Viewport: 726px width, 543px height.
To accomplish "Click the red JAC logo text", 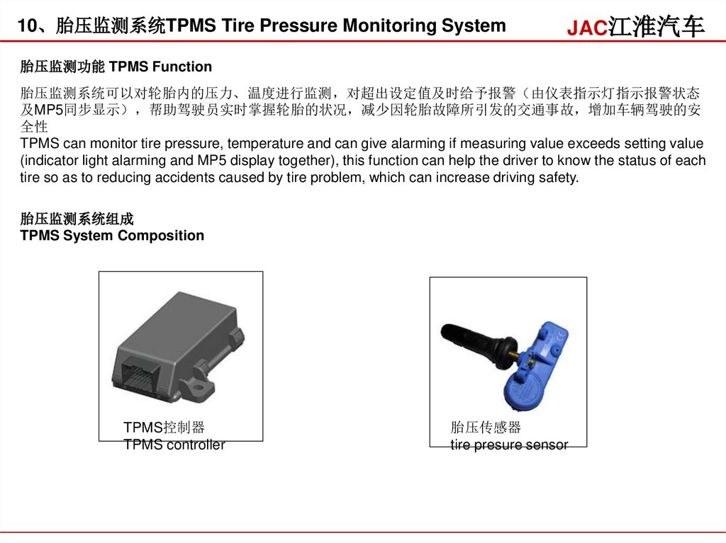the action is pos(587,28).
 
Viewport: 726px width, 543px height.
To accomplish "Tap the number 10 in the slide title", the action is pos(26,25).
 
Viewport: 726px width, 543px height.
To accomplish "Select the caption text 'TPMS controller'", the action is pos(174,445).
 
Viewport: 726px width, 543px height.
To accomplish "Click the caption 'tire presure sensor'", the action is pos(509,445).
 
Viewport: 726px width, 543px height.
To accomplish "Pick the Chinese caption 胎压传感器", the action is pos(486,428).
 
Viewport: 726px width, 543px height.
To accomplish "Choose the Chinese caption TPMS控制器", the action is pos(164,428).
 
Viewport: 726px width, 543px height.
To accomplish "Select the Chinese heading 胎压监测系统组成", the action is pos(77,219).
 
